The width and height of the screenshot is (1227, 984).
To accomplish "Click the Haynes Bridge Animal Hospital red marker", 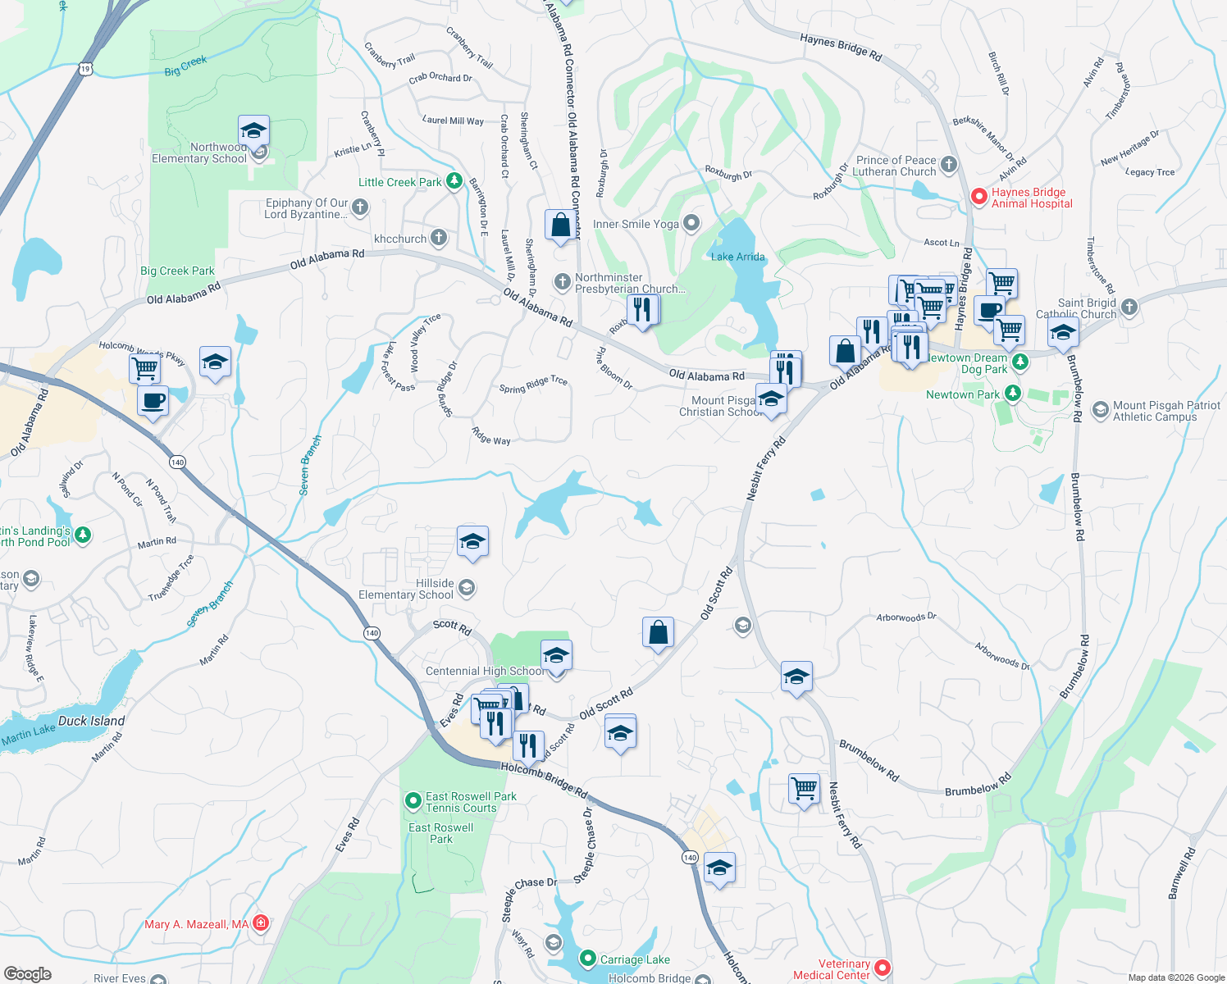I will [978, 197].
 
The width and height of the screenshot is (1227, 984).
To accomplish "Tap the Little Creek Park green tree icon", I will [454, 182].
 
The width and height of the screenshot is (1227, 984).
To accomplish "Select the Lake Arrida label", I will [737, 257].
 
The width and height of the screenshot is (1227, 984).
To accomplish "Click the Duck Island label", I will [91, 721].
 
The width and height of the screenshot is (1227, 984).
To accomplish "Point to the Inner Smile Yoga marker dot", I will [691, 223].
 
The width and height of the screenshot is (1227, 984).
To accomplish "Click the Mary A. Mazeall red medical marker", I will [261, 923].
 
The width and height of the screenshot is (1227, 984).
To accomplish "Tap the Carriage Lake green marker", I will [587, 959].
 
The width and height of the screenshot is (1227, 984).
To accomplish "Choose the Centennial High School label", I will [484, 671].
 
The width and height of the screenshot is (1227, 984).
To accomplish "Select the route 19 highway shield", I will [85, 69].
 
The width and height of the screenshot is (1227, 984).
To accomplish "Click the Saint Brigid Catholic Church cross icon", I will [1129, 307].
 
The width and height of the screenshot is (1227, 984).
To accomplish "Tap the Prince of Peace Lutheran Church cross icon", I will [949, 165].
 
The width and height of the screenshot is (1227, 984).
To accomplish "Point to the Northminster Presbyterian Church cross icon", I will [562, 282].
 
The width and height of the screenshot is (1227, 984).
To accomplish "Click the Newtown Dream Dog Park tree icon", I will [1019, 362].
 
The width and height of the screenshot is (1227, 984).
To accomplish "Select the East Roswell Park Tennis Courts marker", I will [413, 800].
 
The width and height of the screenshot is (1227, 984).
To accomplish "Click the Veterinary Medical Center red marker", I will [883, 968].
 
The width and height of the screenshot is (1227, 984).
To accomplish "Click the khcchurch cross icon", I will [439, 238].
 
